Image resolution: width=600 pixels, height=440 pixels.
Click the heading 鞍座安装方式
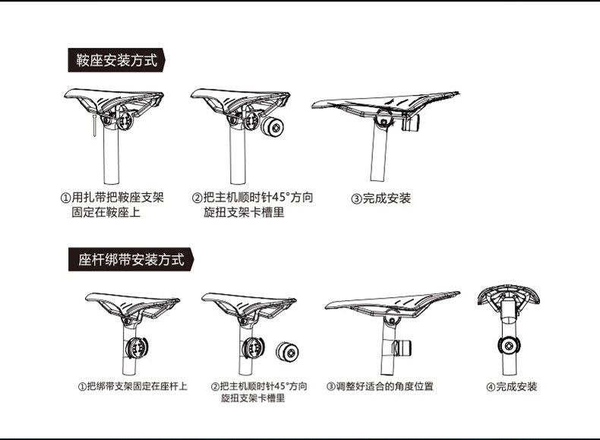[x=117, y=61]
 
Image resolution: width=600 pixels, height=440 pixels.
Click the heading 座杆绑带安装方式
[x=131, y=259]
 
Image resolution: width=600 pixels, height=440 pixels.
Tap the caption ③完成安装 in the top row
[x=381, y=198]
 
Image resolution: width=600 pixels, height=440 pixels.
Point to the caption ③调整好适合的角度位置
[x=380, y=386]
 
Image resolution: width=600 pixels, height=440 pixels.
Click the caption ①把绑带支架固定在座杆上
[x=132, y=386]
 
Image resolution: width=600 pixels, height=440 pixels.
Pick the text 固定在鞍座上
[x=106, y=213]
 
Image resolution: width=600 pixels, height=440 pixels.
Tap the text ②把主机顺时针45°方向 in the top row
[x=251, y=198]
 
